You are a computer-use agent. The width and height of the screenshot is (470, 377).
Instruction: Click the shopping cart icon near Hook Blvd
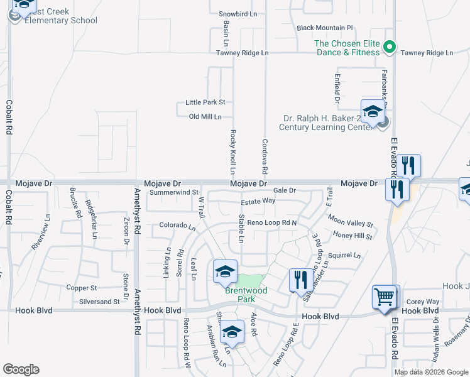(x=385, y=297)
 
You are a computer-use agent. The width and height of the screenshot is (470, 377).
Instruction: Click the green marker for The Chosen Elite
(x=390, y=46)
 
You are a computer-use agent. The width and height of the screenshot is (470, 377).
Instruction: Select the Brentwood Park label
(x=247, y=295)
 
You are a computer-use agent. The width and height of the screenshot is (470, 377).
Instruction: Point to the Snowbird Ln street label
(x=238, y=13)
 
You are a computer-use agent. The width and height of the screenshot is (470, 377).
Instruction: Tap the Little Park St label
(x=205, y=102)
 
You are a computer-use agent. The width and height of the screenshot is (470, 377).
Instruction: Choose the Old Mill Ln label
(x=205, y=116)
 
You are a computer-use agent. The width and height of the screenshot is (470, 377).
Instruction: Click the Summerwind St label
(x=174, y=192)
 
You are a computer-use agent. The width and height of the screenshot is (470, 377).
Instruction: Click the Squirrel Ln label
(x=344, y=256)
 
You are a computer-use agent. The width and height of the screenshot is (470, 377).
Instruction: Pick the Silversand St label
(x=99, y=302)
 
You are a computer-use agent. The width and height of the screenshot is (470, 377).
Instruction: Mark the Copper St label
(x=82, y=288)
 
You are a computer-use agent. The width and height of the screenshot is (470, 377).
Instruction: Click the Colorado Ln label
(x=177, y=225)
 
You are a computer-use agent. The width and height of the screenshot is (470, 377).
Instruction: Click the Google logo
(x=21, y=369)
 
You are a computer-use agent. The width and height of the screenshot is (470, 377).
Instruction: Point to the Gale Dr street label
(x=284, y=190)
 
